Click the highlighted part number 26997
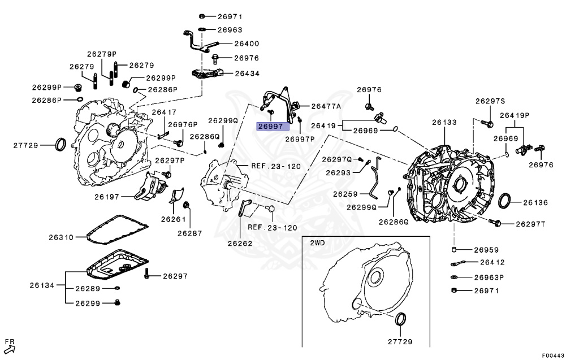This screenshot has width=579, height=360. click(x=269, y=126)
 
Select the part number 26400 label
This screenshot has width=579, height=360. click(x=247, y=43)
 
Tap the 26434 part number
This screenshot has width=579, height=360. click(x=247, y=73)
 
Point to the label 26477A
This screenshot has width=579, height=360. click(x=326, y=106)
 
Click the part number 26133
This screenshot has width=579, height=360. click(x=444, y=122)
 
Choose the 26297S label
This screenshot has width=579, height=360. click(x=490, y=101)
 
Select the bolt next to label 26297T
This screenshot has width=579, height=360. click(x=497, y=224)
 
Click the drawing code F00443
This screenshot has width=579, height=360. click(x=553, y=355)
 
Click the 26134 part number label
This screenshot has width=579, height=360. click(x=42, y=285)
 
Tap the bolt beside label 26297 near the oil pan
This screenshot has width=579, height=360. click(x=147, y=275)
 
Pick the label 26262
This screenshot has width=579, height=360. click(x=240, y=244)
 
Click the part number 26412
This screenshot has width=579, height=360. click(x=476, y=262)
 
